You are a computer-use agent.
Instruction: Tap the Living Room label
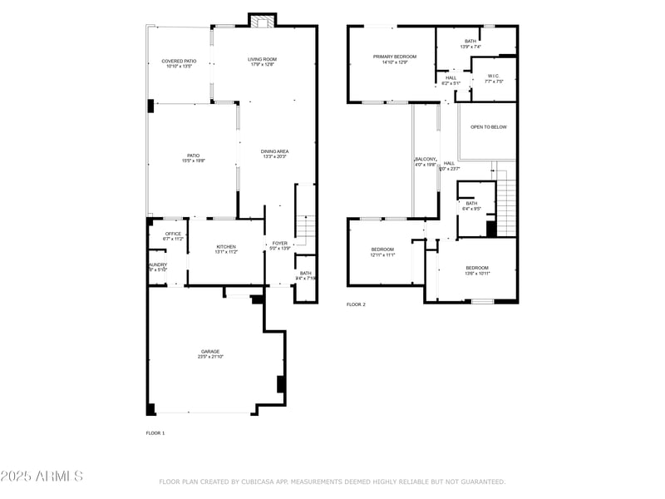(262, 60)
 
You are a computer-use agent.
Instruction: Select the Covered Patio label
(179, 62)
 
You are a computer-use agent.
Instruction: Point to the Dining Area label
(274, 151)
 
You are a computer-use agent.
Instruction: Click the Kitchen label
(226, 247)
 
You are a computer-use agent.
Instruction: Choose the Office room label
(173, 234)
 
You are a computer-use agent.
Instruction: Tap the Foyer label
(280, 244)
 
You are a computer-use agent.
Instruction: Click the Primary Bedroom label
(394, 57)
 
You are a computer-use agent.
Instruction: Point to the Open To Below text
(488, 127)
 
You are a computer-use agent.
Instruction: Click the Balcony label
(426, 159)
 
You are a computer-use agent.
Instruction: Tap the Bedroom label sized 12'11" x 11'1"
(382, 249)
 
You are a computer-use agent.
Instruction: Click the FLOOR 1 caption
(155, 433)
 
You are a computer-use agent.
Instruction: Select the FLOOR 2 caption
(356, 304)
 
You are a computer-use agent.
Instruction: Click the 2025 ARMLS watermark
(42, 477)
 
